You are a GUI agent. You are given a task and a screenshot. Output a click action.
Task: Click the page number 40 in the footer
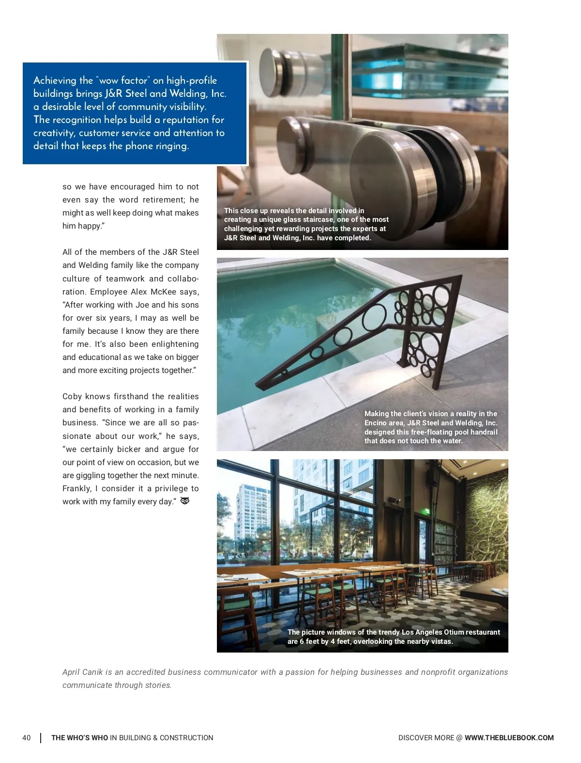click(26, 738)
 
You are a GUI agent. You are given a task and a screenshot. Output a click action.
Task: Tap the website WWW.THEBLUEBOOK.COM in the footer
click(509, 738)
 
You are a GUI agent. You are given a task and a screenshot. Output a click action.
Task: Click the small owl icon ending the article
click(185, 501)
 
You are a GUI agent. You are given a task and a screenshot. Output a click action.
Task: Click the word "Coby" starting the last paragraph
click(73, 396)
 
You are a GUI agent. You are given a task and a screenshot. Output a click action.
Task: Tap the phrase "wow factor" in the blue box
click(123, 80)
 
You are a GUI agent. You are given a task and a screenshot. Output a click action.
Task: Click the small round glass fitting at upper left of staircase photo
click(274, 66)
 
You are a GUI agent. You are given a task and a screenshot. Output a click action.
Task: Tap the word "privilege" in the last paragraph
click(171, 488)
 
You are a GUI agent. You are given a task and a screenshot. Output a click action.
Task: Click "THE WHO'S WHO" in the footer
click(79, 738)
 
